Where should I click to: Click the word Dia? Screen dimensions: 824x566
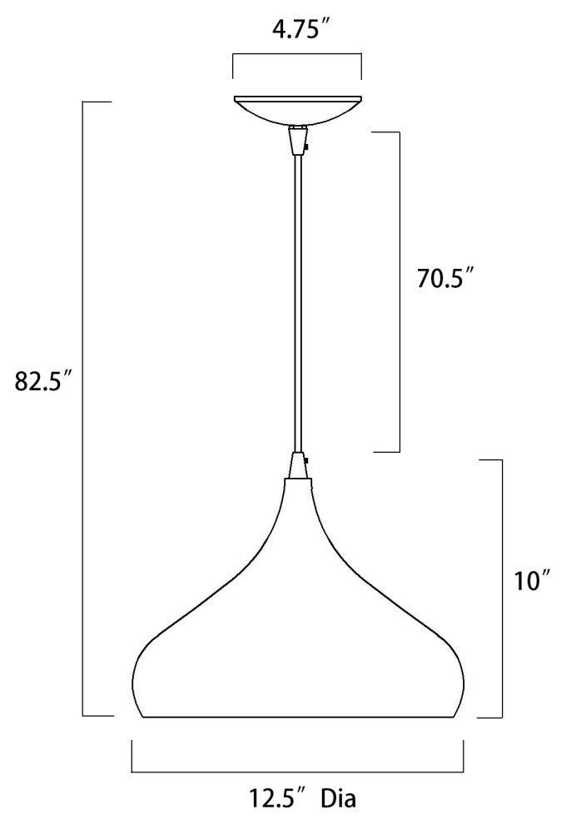coord(340,800)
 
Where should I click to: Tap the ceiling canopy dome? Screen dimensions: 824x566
coord(297,111)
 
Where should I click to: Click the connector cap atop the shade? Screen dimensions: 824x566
coord(297,470)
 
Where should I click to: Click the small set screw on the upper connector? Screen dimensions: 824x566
coord(307,148)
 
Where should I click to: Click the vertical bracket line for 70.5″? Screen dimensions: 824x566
coord(400,291)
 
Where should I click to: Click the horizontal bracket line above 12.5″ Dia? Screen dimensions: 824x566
coord(297,771)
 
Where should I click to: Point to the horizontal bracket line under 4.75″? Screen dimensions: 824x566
coord(296,55)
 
